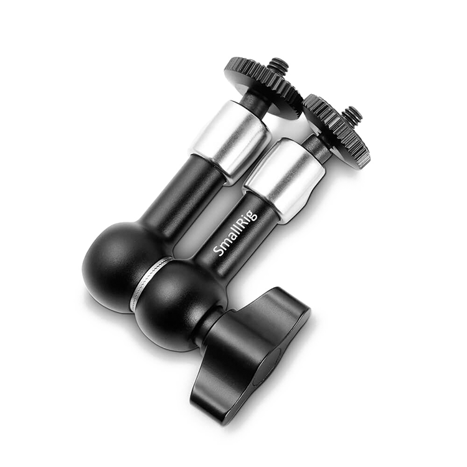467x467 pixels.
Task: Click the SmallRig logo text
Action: click(x=235, y=233)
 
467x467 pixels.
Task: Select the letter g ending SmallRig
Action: click(x=253, y=214)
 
